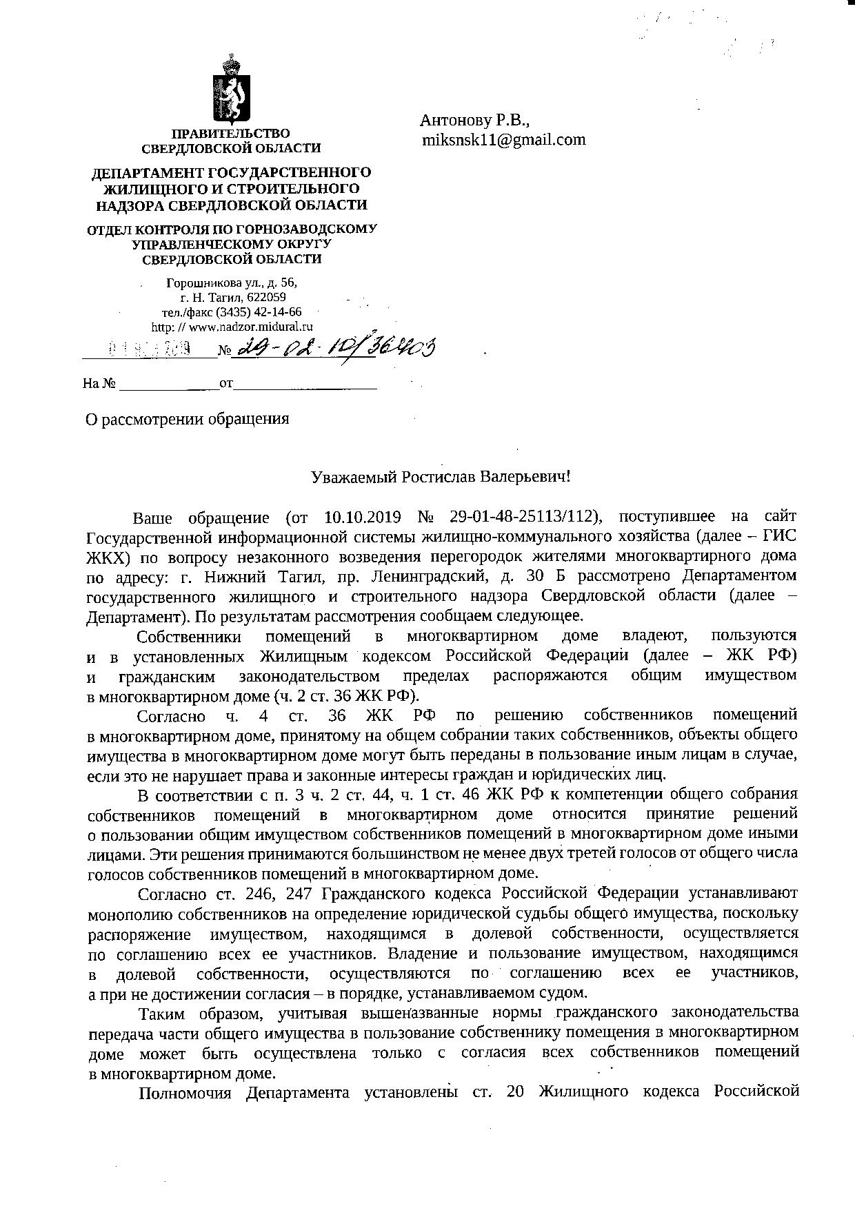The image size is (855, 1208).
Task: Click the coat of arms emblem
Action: click(231, 90)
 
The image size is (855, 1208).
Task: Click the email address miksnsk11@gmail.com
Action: click(504, 140)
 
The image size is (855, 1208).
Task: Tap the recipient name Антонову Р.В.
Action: click(474, 121)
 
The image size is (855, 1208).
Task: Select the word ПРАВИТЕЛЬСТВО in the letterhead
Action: click(231, 133)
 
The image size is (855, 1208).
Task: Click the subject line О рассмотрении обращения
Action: click(187, 419)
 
